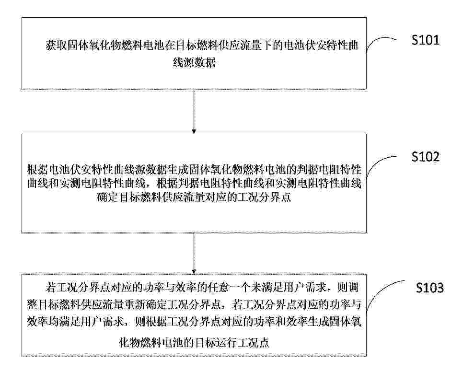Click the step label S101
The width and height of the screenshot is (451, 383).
point(426,40)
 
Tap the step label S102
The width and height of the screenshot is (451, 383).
point(426,157)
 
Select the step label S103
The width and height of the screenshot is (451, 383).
point(430,288)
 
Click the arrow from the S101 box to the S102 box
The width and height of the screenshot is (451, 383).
point(194,112)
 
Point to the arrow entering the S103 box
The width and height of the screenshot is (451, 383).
point(194,254)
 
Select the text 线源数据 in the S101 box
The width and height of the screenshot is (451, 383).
point(194,62)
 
